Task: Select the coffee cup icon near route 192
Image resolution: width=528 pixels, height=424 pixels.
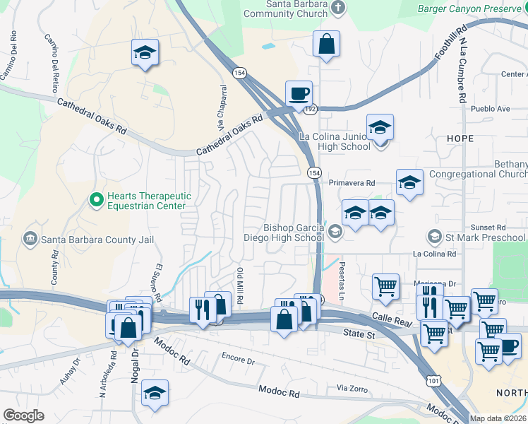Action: tap(299, 93)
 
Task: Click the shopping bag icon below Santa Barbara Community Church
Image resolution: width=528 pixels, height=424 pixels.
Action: tap(326, 44)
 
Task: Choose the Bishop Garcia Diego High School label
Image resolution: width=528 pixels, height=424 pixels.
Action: tap(294, 232)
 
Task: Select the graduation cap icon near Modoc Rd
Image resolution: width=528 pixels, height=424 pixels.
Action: tap(155, 394)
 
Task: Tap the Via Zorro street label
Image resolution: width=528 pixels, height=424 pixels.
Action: tap(353, 388)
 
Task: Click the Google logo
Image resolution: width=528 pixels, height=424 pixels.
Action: tap(23, 416)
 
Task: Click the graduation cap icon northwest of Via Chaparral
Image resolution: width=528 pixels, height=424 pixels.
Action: tap(145, 52)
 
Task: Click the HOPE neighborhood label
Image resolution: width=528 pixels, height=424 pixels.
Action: tap(460, 139)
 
